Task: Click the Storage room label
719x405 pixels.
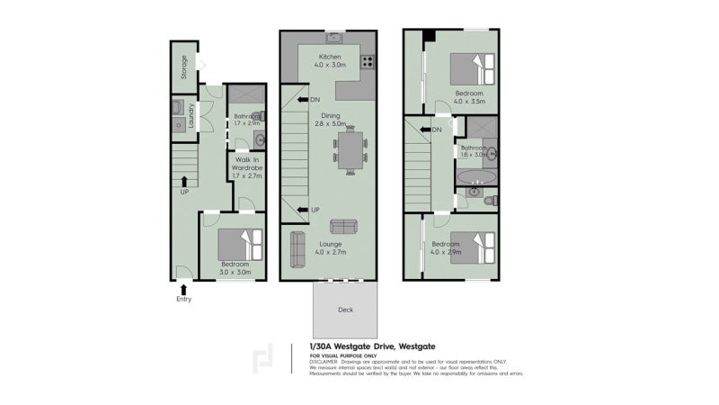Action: tap(185, 68)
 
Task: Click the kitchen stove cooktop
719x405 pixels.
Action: tap(367, 61)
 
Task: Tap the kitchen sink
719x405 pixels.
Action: tap(333, 39)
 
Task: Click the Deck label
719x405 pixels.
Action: tap(345, 310)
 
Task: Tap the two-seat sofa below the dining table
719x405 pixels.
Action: tap(344, 227)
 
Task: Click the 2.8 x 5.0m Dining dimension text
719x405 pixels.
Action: tap(331, 124)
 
